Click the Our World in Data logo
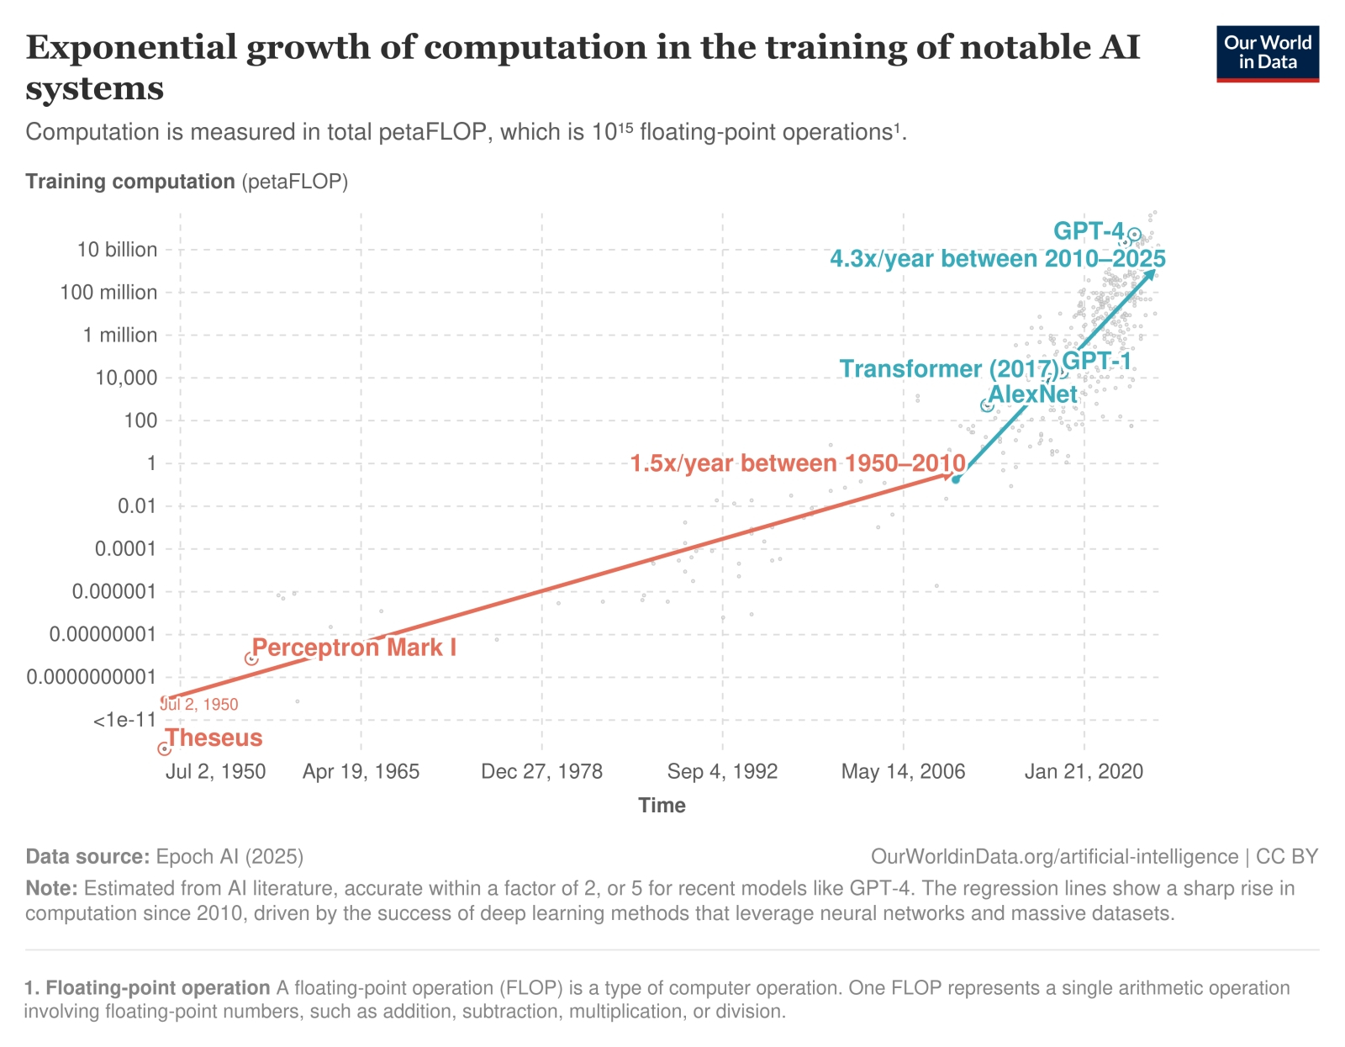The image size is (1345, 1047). click(1267, 53)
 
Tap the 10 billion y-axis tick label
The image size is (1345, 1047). click(117, 250)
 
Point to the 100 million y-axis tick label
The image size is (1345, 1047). click(108, 293)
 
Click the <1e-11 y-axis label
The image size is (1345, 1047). click(124, 721)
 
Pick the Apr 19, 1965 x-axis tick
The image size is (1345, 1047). click(361, 772)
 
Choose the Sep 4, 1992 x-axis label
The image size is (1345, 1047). click(722, 772)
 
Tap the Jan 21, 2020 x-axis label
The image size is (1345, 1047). click(1084, 772)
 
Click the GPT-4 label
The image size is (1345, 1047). click(1088, 230)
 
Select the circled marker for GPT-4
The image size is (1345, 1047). click(1134, 235)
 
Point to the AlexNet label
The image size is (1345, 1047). click(1032, 394)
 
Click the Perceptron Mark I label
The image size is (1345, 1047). click(354, 648)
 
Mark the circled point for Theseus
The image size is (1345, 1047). click(165, 748)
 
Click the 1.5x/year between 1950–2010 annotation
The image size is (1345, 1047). click(798, 463)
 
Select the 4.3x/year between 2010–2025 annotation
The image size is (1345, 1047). click(997, 258)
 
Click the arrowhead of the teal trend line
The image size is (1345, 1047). click(1150, 273)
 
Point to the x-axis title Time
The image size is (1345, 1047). click(662, 806)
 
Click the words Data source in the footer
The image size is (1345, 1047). click(87, 857)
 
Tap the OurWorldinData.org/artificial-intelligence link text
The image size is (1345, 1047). click(1054, 857)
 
